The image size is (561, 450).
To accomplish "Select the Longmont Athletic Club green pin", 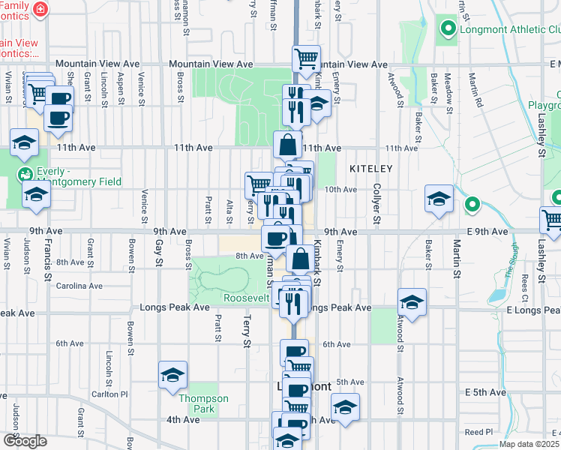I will tap(448, 30).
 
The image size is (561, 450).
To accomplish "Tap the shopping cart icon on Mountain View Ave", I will tap(306, 58).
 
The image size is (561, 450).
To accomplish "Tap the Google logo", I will tap(25, 441).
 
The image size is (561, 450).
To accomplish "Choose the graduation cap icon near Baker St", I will tap(439, 199).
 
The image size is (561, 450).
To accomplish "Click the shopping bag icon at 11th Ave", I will tap(288, 144).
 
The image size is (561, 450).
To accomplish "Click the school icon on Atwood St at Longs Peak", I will tap(412, 301).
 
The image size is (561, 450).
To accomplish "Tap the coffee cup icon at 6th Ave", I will tap(294, 352).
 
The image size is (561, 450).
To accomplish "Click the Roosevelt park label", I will tap(246, 298).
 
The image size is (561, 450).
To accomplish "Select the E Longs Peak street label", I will tap(532, 310).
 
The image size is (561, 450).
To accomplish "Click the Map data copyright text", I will tap(529, 444).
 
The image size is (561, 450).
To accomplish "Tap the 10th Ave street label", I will tap(340, 190).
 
